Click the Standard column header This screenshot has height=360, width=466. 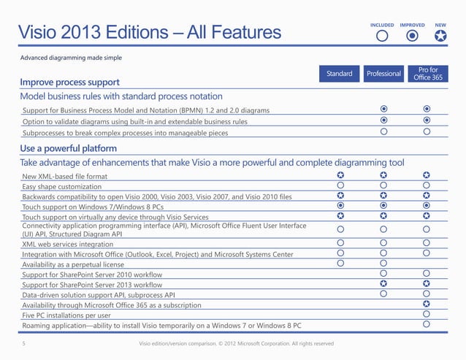point(340,74)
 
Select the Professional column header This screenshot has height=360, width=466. point(383,74)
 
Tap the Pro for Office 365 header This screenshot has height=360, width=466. point(427,74)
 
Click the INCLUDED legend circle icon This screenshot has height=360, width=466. point(381,34)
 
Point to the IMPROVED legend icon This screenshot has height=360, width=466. point(412,34)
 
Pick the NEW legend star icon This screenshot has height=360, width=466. point(440,34)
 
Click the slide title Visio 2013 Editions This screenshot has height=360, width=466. point(149,32)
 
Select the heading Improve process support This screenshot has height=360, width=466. point(69,82)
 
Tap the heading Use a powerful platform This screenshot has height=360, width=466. point(66,149)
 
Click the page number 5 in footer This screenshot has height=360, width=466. point(23,343)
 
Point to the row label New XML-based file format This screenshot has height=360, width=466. point(65,177)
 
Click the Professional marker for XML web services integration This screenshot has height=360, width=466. point(383,242)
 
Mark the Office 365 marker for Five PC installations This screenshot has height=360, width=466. point(427,313)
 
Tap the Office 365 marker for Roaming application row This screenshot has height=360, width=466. point(427,323)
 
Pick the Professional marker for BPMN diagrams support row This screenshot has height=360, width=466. point(383,110)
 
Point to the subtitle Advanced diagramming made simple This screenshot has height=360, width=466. point(71,57)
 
